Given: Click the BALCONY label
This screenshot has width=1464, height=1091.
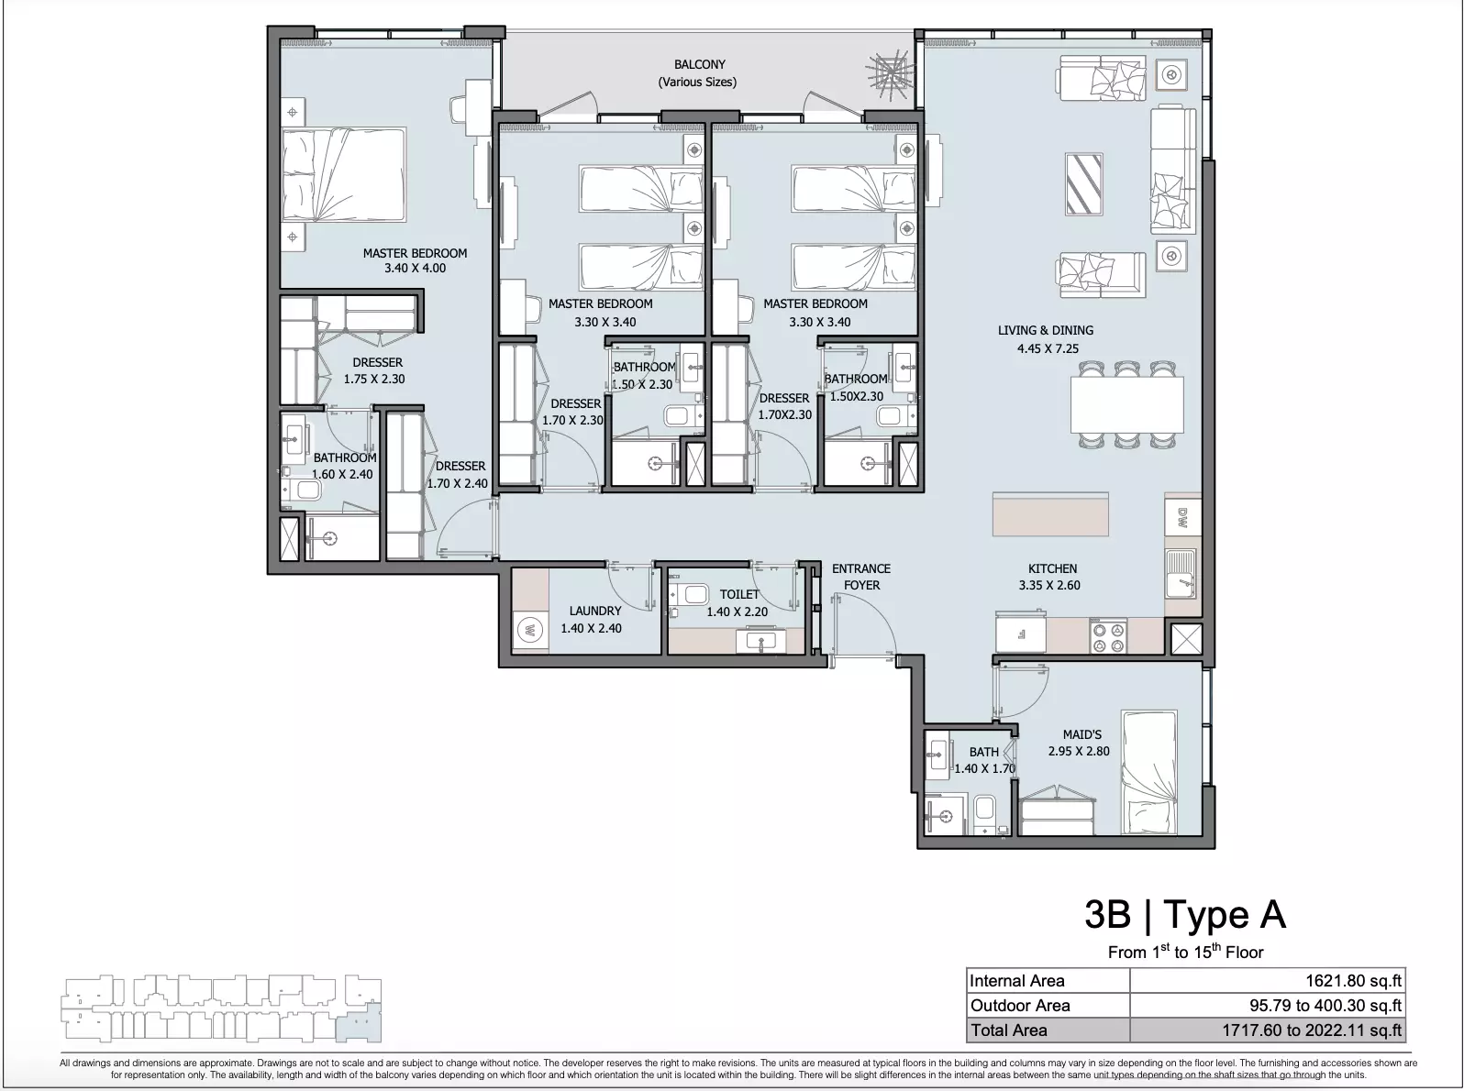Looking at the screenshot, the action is tap(699, 65).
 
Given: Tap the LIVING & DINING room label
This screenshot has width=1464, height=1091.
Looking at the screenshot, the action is tap(1045, 330).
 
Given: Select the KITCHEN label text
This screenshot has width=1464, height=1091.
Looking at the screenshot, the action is tap(1052, 568).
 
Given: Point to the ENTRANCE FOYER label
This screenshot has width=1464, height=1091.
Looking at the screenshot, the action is tap(861, 577).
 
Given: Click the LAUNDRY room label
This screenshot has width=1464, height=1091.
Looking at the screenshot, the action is tap(595, 611).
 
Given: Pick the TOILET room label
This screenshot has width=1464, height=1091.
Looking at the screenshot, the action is tap(739, 594).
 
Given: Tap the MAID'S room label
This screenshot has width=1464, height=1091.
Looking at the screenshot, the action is tap(1081, 734).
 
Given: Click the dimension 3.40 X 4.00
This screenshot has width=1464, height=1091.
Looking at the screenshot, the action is tap(415, 268).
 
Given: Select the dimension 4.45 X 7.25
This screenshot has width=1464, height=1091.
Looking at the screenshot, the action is tap(1048, 347).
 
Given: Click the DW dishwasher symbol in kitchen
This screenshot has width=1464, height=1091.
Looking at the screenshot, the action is tap(1182, 518).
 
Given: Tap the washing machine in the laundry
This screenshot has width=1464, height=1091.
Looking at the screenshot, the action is tap(530, 629).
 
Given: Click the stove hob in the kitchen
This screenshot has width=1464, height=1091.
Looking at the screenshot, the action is tap(1108, 636).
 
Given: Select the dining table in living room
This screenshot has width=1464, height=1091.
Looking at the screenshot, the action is tap(1127, 405).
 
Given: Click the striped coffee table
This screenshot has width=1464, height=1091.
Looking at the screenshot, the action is tap(1084, 184).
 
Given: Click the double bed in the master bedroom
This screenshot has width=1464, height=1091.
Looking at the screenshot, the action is tap(343, 174).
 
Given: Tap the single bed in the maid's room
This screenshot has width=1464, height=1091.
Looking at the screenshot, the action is tap(1149, 772).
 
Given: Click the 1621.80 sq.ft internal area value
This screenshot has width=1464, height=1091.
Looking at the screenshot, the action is tap(1353, 980).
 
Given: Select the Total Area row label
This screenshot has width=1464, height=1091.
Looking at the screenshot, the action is tap(1008, 1030).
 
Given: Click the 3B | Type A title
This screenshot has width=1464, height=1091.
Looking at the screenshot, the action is tap(1185, 914).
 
